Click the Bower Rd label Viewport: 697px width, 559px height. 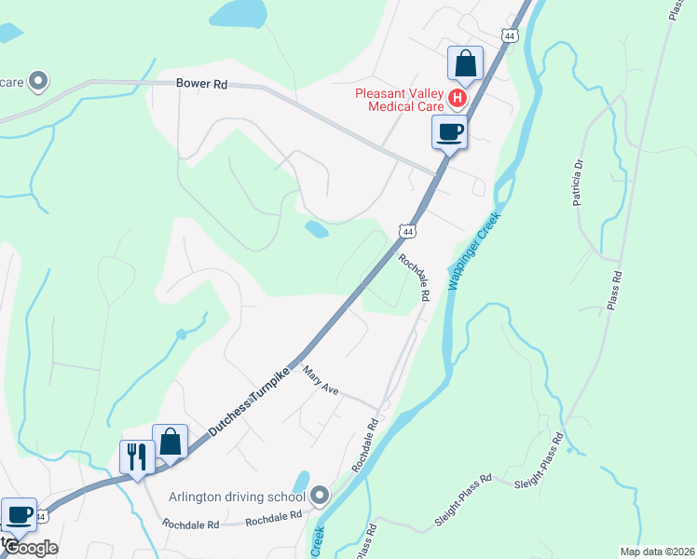[202, 84]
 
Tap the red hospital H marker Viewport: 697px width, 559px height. [457, 98]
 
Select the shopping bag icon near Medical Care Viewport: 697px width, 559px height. [465, 63]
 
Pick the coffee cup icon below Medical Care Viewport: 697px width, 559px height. [449, 132]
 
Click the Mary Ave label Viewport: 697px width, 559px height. [319, 381]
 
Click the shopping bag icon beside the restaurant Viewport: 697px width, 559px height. [171, 442]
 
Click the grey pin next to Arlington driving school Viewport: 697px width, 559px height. [321, 494]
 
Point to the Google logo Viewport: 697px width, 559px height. [31, 548]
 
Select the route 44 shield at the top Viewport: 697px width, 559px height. [508, 35]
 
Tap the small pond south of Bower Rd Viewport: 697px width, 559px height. [316, 228]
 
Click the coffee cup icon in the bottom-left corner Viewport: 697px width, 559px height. [19, 513]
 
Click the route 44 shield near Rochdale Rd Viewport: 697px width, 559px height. [407, 230]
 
